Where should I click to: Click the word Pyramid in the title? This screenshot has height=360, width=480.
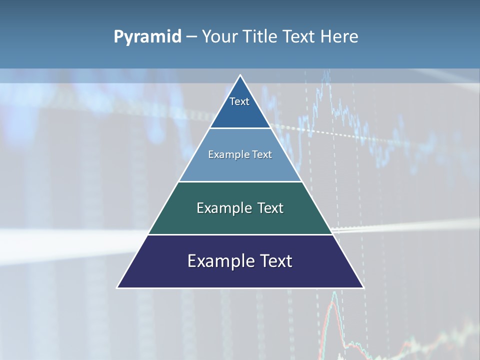(x=147, y=37)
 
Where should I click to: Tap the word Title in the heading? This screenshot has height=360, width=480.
(x=261, y=37)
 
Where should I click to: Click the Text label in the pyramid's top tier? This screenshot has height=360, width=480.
(x=239, y=101)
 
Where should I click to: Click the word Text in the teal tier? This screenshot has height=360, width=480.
(x=270, y=208)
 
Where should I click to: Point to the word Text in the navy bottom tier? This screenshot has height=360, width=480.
(x=276, y=261)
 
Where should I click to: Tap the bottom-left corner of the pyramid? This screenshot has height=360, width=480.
(x=117, y=287)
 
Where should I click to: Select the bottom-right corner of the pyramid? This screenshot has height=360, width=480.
(x=363, y=287)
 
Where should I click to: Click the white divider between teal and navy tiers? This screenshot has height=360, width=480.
(x=240, y=234)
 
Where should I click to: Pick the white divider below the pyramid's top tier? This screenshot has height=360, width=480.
(x=240, y=128)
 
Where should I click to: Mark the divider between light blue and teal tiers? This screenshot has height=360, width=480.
(x=240, y=181)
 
